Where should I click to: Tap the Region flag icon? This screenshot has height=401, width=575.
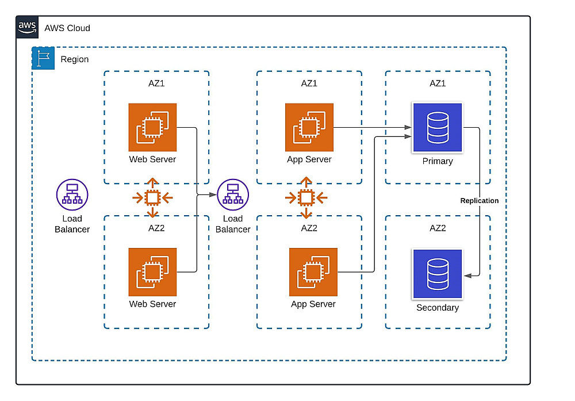tap(43, 59)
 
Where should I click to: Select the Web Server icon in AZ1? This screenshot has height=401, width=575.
tap(152, 127)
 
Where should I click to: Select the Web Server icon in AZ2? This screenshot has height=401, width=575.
tap(152, 272)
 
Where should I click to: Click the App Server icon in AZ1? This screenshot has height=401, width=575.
tap(309, 127)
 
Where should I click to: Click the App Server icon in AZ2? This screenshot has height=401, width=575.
tap(313, 272)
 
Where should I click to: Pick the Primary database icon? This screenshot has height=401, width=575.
tap(438, 128)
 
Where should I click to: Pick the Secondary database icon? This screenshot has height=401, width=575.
tap(438, 274)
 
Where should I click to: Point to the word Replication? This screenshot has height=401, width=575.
tap(480, 201)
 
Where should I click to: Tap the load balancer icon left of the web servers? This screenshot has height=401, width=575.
tap(72, 193)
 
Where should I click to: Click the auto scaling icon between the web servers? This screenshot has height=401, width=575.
tap(152, 198)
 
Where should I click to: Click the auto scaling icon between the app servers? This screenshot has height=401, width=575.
tap(306, 198)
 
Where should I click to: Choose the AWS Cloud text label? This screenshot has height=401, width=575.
tap(67, 28)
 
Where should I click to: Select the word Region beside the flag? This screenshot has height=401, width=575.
tap(75, 59)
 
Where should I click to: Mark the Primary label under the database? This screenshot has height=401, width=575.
tap(438, 161)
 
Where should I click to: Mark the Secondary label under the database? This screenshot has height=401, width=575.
tap(438, 308)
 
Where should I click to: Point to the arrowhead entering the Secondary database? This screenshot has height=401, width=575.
tap(467, 276)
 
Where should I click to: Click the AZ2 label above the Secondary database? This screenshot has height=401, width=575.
tap(438, 228)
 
